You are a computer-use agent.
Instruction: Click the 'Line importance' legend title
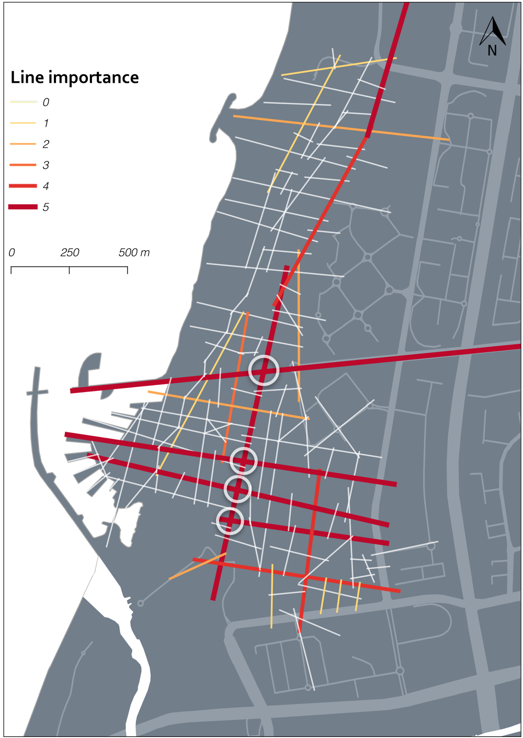(x=75, y=77)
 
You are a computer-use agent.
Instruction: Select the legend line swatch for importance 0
(x=23, y=102)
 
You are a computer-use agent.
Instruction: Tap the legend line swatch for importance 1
(x=23, y=123)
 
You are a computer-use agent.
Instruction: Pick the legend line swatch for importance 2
(x=23, y=144)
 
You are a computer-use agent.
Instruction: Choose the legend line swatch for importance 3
(x=23, y=165)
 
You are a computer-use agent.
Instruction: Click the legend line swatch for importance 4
(x=23, y=186)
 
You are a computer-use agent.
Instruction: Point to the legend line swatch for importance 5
(x=23, y=207)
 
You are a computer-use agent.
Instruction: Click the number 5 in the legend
(x=46, y=207)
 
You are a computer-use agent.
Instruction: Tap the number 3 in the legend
(x=46, y=165)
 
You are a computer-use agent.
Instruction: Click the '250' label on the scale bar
(x=70, y=253)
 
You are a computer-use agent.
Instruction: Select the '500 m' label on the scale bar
(x=134, y=253)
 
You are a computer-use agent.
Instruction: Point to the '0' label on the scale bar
(x=12, y=253)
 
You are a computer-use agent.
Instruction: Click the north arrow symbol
(x=493, y=31)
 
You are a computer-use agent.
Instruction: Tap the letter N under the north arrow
(x=492, y=50)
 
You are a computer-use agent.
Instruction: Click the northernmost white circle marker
(x=264, y=370)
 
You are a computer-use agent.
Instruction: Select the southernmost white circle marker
(x=230, y=521)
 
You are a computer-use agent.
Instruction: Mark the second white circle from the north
(x=244, y=461)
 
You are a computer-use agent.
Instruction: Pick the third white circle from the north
(x=237, y=489)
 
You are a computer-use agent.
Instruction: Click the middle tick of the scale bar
(x=70, y=270)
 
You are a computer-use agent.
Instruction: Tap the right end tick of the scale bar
(x=127, y=270)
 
